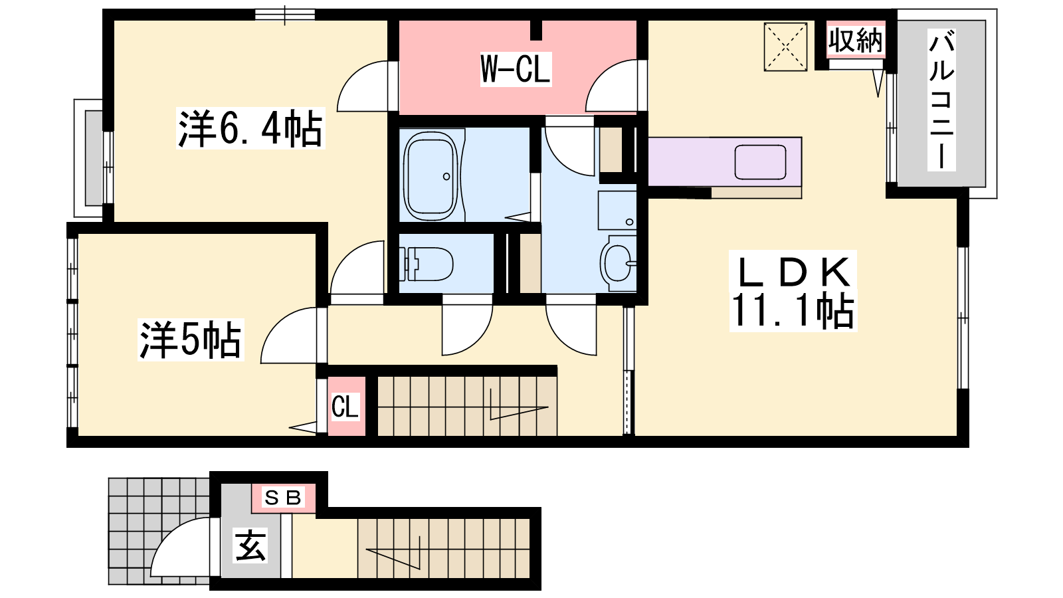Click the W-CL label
(516, 69)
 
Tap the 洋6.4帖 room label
(250, 128)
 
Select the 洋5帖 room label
(190, 340)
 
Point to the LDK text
(793, 272)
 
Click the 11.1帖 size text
(793, 311)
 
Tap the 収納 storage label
(856, 41)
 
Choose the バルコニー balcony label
(941, 100)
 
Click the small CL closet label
(345, 407)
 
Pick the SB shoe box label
(283, 498)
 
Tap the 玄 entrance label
(250, 546)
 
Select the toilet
(426, 264)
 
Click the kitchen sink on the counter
(760, 162)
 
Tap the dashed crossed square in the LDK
(785, 47)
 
